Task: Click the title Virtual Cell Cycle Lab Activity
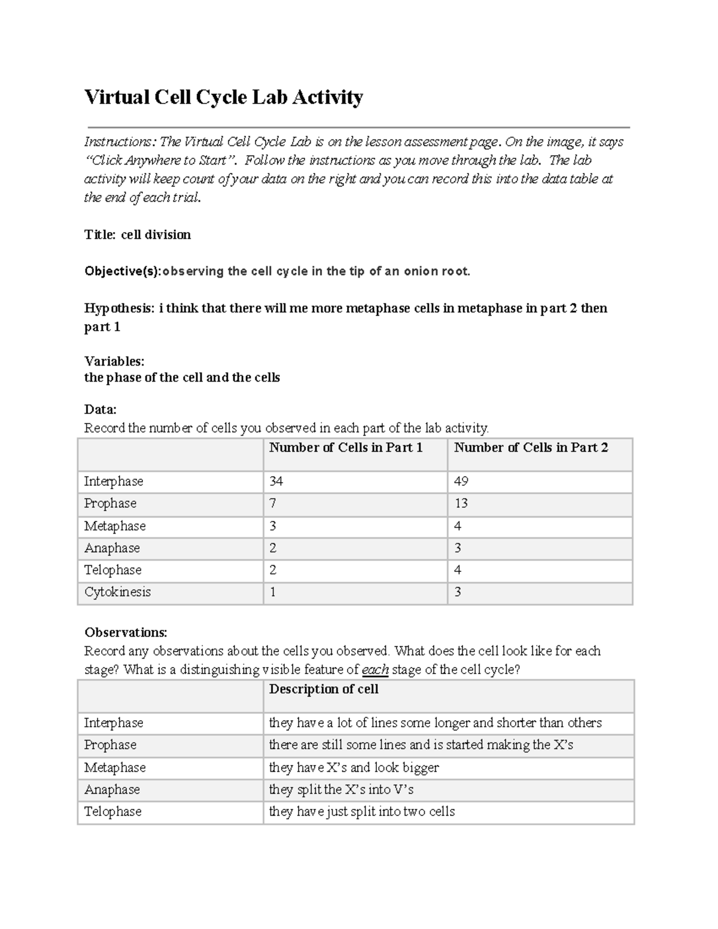[x=223, y=97]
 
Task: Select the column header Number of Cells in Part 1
[x=346, y=447]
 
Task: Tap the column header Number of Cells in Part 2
[x=531, y=447]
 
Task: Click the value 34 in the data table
[x=276, y=482]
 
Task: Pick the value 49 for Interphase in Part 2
[x=461, y=482]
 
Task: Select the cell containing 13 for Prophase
[x=461, y=504]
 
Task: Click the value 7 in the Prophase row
[x=273, y=504]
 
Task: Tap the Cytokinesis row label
[x=117, y=592]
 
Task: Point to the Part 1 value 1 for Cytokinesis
[x=273, y=592]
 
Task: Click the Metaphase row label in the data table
[x=115, y=526]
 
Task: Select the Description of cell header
[x=324, y=689]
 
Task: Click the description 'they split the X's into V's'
[x=341, y=790]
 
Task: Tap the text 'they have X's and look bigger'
[x=354, y=767]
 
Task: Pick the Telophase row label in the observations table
[x=112, y=812]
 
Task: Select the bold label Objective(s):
[x=123, y=272]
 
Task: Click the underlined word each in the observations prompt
[x=375, y=670]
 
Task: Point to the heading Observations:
[x=126, y=633]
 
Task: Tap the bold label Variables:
[x=114, y=361]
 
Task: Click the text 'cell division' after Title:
[x=156, y=234]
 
